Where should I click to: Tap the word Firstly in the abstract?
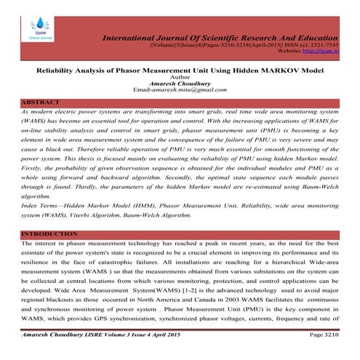(33, 159)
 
